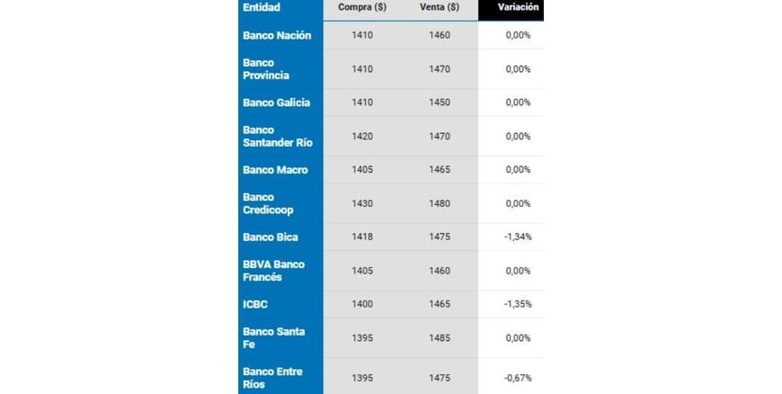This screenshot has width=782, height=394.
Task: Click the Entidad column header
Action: tap(262, 7)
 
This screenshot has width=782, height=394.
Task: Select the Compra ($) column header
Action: tap(362, 7)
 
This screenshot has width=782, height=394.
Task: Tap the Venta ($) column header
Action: tap(440, 7)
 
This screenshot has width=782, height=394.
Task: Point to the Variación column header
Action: tap(519, 7)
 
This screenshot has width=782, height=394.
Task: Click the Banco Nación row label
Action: tap(277, 35)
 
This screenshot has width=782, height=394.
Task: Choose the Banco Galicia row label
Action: tap(276, 103)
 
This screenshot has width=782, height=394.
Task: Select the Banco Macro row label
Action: tap(275, 170)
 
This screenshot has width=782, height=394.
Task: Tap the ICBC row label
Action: tap(255, 304)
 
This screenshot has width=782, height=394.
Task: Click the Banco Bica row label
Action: tap(270, 237)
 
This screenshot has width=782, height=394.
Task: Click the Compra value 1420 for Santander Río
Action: tap(362, 136)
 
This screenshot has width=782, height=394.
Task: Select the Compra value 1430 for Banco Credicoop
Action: tap(362, 203)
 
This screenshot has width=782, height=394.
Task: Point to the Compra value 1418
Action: tap(362, 237)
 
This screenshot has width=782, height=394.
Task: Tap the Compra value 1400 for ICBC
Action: tap(362, 304)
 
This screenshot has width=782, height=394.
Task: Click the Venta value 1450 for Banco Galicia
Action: tap(440, 103)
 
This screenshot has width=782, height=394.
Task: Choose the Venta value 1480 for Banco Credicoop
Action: tap(440, 203)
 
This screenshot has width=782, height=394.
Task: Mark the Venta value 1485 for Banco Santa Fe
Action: tap(440, 337)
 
